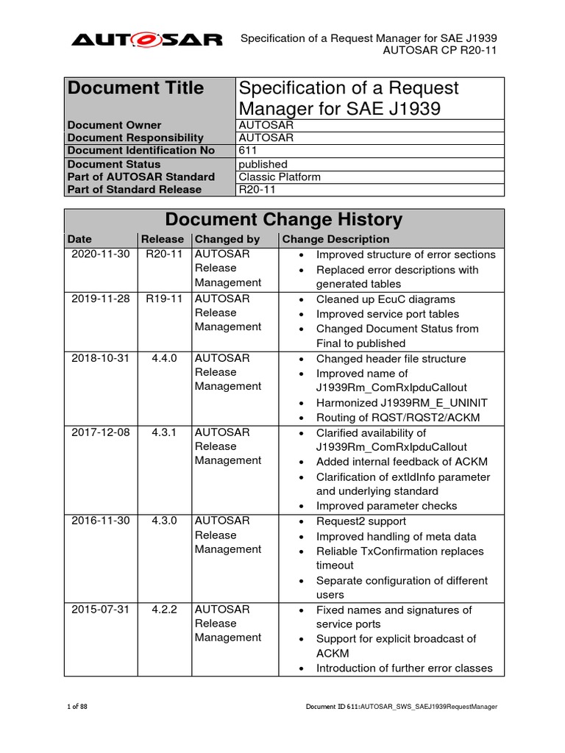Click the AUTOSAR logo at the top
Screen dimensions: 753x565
pyautogui.click(x=146, y=40)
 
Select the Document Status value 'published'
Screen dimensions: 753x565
pyautogui.click(x=263, y=164)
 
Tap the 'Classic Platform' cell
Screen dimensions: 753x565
pyautogui.click(x=280, y=176)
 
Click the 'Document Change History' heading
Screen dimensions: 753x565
pyautogui.click(x=284, y=219)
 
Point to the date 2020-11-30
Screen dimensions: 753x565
pyautogui.click(x=100, y=254)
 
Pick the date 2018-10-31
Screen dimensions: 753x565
pyautogui.click(x=100, y=358)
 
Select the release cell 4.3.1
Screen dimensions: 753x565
pyautogui.click(x=161, y=432)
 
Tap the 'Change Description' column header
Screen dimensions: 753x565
pyautogui.click(x=335, y=239)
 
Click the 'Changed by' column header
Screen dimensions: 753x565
pyautogui.click(x=227, y=239)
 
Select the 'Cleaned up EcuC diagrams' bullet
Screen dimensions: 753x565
pyautogui.click(x=385, y=299)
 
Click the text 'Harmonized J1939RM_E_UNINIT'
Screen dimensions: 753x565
pyautogui.click(x=402, y=402)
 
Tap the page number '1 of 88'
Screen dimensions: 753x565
pyautogui.click(x=77, y=707)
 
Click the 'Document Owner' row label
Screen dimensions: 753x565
pyautogui.click(x=114, y=125)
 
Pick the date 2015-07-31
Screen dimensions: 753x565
pyautogui.click(x=100, y=610)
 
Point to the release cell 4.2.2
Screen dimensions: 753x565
pyautogui.click(x=161, y=610)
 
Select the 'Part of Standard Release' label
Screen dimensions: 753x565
pyautogui.click(x=134, y=189)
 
